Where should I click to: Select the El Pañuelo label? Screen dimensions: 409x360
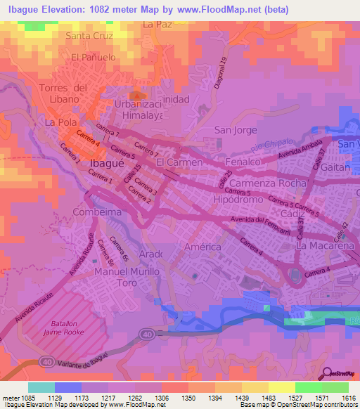pos(93,57)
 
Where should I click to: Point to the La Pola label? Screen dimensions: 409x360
pos(60,122)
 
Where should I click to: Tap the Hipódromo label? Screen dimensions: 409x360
pos(239,200)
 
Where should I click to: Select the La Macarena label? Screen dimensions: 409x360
pos(325,247)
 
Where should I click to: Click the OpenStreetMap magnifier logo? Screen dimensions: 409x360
pos(327,372)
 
